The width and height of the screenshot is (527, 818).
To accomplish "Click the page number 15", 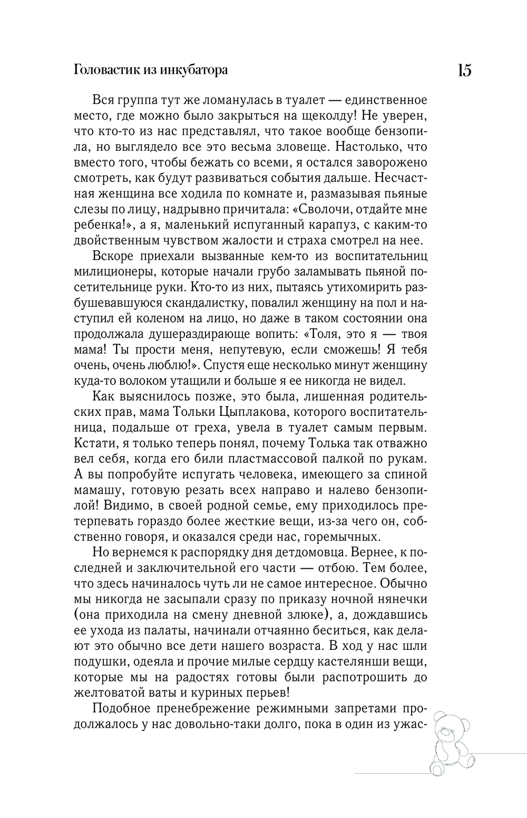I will point(464,71).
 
